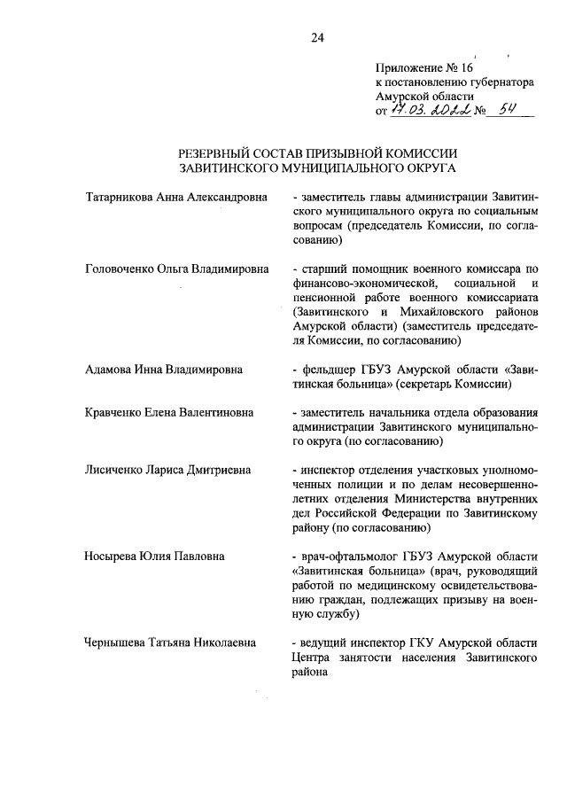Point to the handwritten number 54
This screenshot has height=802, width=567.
click(509, 111)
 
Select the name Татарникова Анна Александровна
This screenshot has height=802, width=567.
click(175, 196)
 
